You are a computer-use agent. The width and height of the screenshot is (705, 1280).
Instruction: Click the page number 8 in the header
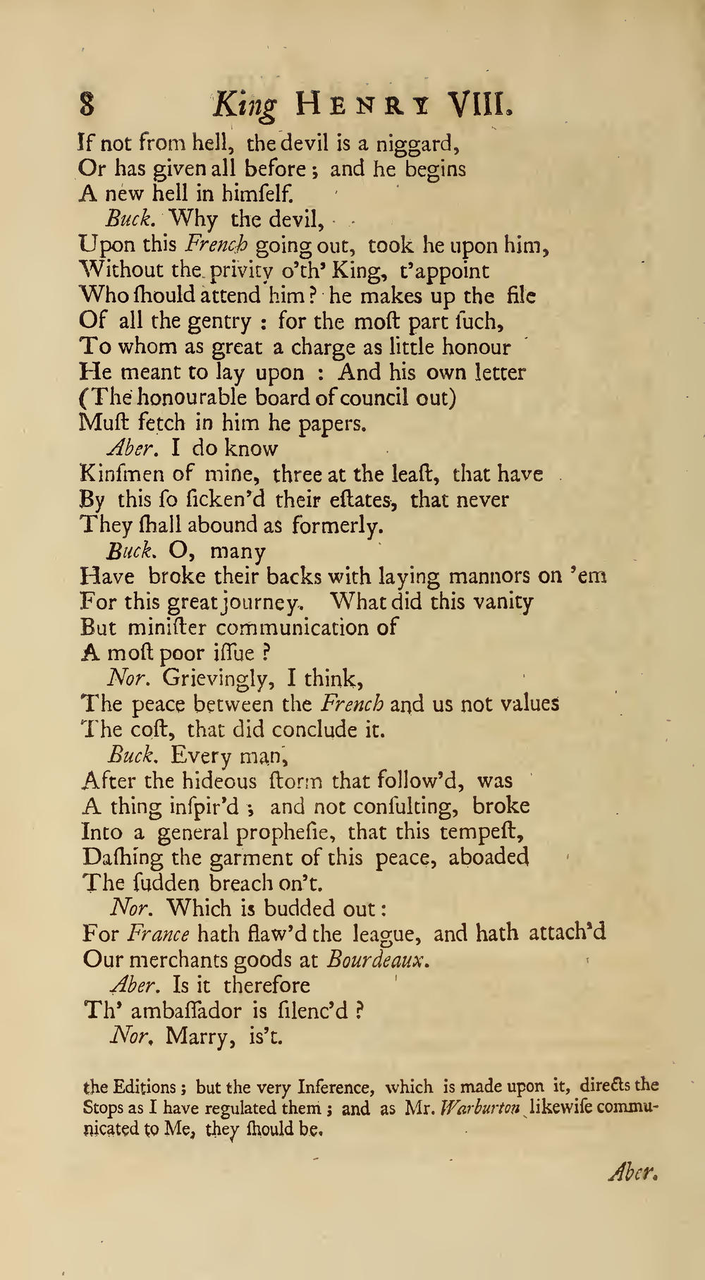pyautogui.click(x=87, y=105)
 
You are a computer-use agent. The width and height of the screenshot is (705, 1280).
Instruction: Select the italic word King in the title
pyautogui.click(x=245, y=106)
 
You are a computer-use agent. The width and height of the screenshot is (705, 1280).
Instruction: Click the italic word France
pyautogui.click(x=158, y=934)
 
